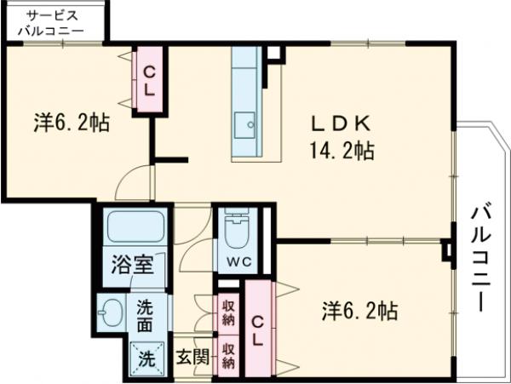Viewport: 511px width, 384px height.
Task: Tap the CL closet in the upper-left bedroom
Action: (x=147, y=78)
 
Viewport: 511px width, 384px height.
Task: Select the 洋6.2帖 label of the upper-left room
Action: (x=71, y=123)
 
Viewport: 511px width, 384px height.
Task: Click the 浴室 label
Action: (x=134, y=265)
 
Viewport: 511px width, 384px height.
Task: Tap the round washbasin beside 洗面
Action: (x=111, y=312)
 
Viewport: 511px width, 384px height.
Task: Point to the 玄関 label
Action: (x=193, y=357)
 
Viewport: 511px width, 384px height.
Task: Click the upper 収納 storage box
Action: (x=229, y=313)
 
